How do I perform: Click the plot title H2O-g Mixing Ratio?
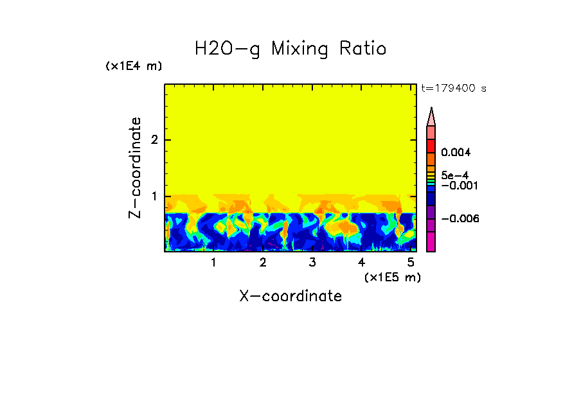(x=290, y=49)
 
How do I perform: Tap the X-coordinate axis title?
(x=290, y=296)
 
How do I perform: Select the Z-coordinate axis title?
(x=135, y=168)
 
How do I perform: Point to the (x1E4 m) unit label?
(x=134, y=66)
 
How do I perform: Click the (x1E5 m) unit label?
(x=392, y=277)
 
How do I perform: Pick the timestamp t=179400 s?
(x=453, y=88)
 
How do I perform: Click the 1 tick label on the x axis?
(x=213, y=263)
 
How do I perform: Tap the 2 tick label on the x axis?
(x=263, y=263)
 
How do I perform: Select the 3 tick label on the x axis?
(x=312, y=263)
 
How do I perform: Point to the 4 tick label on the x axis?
(x=361, y=263)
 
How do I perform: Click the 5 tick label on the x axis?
(x=410, y=263)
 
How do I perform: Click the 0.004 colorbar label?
(x=456, y=153)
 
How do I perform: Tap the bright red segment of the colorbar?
(x=431, y=145)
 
